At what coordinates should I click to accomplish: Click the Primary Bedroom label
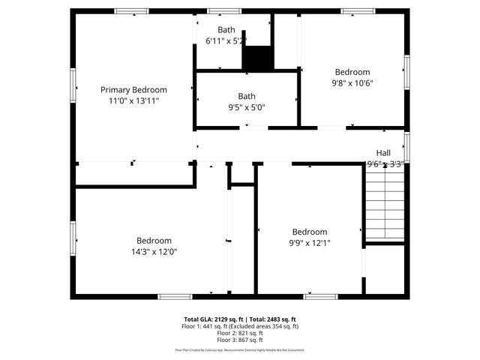pos(133,90)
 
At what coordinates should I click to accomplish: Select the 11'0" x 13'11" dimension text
pos(133,100)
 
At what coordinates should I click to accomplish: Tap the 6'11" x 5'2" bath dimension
pos(226,40)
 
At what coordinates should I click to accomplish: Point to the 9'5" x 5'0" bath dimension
pos(247,107)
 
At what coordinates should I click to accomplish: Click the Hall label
pos(383,152)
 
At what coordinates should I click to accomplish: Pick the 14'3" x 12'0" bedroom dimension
pos(154,251)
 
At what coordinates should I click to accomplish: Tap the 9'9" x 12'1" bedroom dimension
pos(310,243)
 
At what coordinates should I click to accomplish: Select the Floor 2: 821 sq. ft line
pos(240,333)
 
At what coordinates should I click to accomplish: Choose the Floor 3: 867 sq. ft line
pos(240,340)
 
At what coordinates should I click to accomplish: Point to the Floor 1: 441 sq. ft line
pos(240,326)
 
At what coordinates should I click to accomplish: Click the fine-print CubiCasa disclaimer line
pos(240,349)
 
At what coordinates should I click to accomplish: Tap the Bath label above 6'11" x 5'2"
pos(226,30)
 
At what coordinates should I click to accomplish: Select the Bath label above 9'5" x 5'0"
pos(247,96)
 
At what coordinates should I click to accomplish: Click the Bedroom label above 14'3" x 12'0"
pos(154,241)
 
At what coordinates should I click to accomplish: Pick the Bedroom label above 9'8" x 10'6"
pos(352,73)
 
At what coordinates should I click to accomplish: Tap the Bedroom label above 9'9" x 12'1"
pos(310,232)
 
